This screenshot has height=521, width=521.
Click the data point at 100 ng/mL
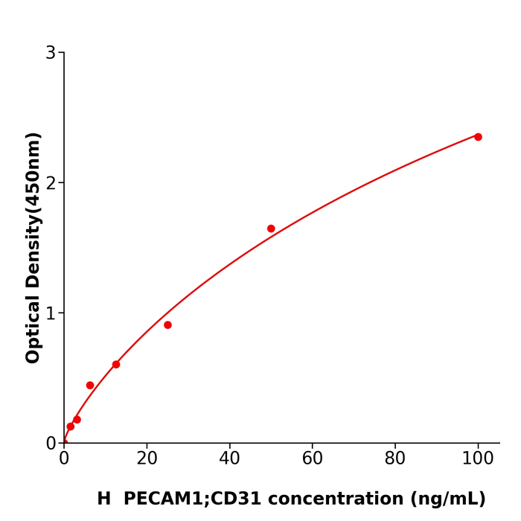(478, 137)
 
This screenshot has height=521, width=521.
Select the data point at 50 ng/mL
(271, 228)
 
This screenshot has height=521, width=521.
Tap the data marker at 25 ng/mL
(167, 325)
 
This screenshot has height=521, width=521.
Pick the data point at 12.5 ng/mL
(116, 365)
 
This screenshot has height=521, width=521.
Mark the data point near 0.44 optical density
(90, 386)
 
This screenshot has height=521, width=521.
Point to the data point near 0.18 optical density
(77, 420)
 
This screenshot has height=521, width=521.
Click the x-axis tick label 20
(147, 459)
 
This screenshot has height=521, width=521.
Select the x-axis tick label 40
(229, 459)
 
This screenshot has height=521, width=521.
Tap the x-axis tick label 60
(313, 459)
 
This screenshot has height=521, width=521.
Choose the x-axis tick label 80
(395, 459)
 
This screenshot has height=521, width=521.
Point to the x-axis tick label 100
(478, 459)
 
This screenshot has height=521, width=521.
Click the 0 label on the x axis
(64, 459)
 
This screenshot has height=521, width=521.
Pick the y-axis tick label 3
(51, 53)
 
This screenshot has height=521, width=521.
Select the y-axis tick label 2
(51, 183)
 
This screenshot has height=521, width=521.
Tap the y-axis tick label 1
(51, 313)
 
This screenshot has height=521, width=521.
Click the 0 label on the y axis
(51, 444)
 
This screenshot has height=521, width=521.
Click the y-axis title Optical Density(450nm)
(33, 248)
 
